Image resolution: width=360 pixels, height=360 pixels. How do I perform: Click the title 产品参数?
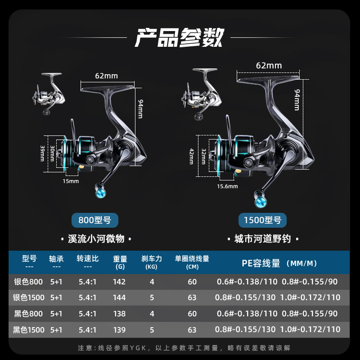pos(180,37)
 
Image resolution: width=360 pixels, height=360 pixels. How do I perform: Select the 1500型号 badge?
pos(262,220)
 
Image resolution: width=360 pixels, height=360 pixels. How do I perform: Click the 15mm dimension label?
pos(71,181)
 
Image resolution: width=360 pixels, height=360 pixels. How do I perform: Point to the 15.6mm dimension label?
pos(227,186)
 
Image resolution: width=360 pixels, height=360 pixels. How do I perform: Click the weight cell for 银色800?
pos(120,282)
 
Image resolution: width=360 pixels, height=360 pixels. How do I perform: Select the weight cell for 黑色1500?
pos(120,330)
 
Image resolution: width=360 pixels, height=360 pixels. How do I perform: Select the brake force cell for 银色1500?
pos(152,298)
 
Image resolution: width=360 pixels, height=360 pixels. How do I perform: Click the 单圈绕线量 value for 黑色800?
pos(192,314)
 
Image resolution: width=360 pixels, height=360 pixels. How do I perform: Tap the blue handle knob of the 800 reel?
pos(100,193)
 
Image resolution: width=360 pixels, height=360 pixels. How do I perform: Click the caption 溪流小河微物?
pos(95,239)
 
